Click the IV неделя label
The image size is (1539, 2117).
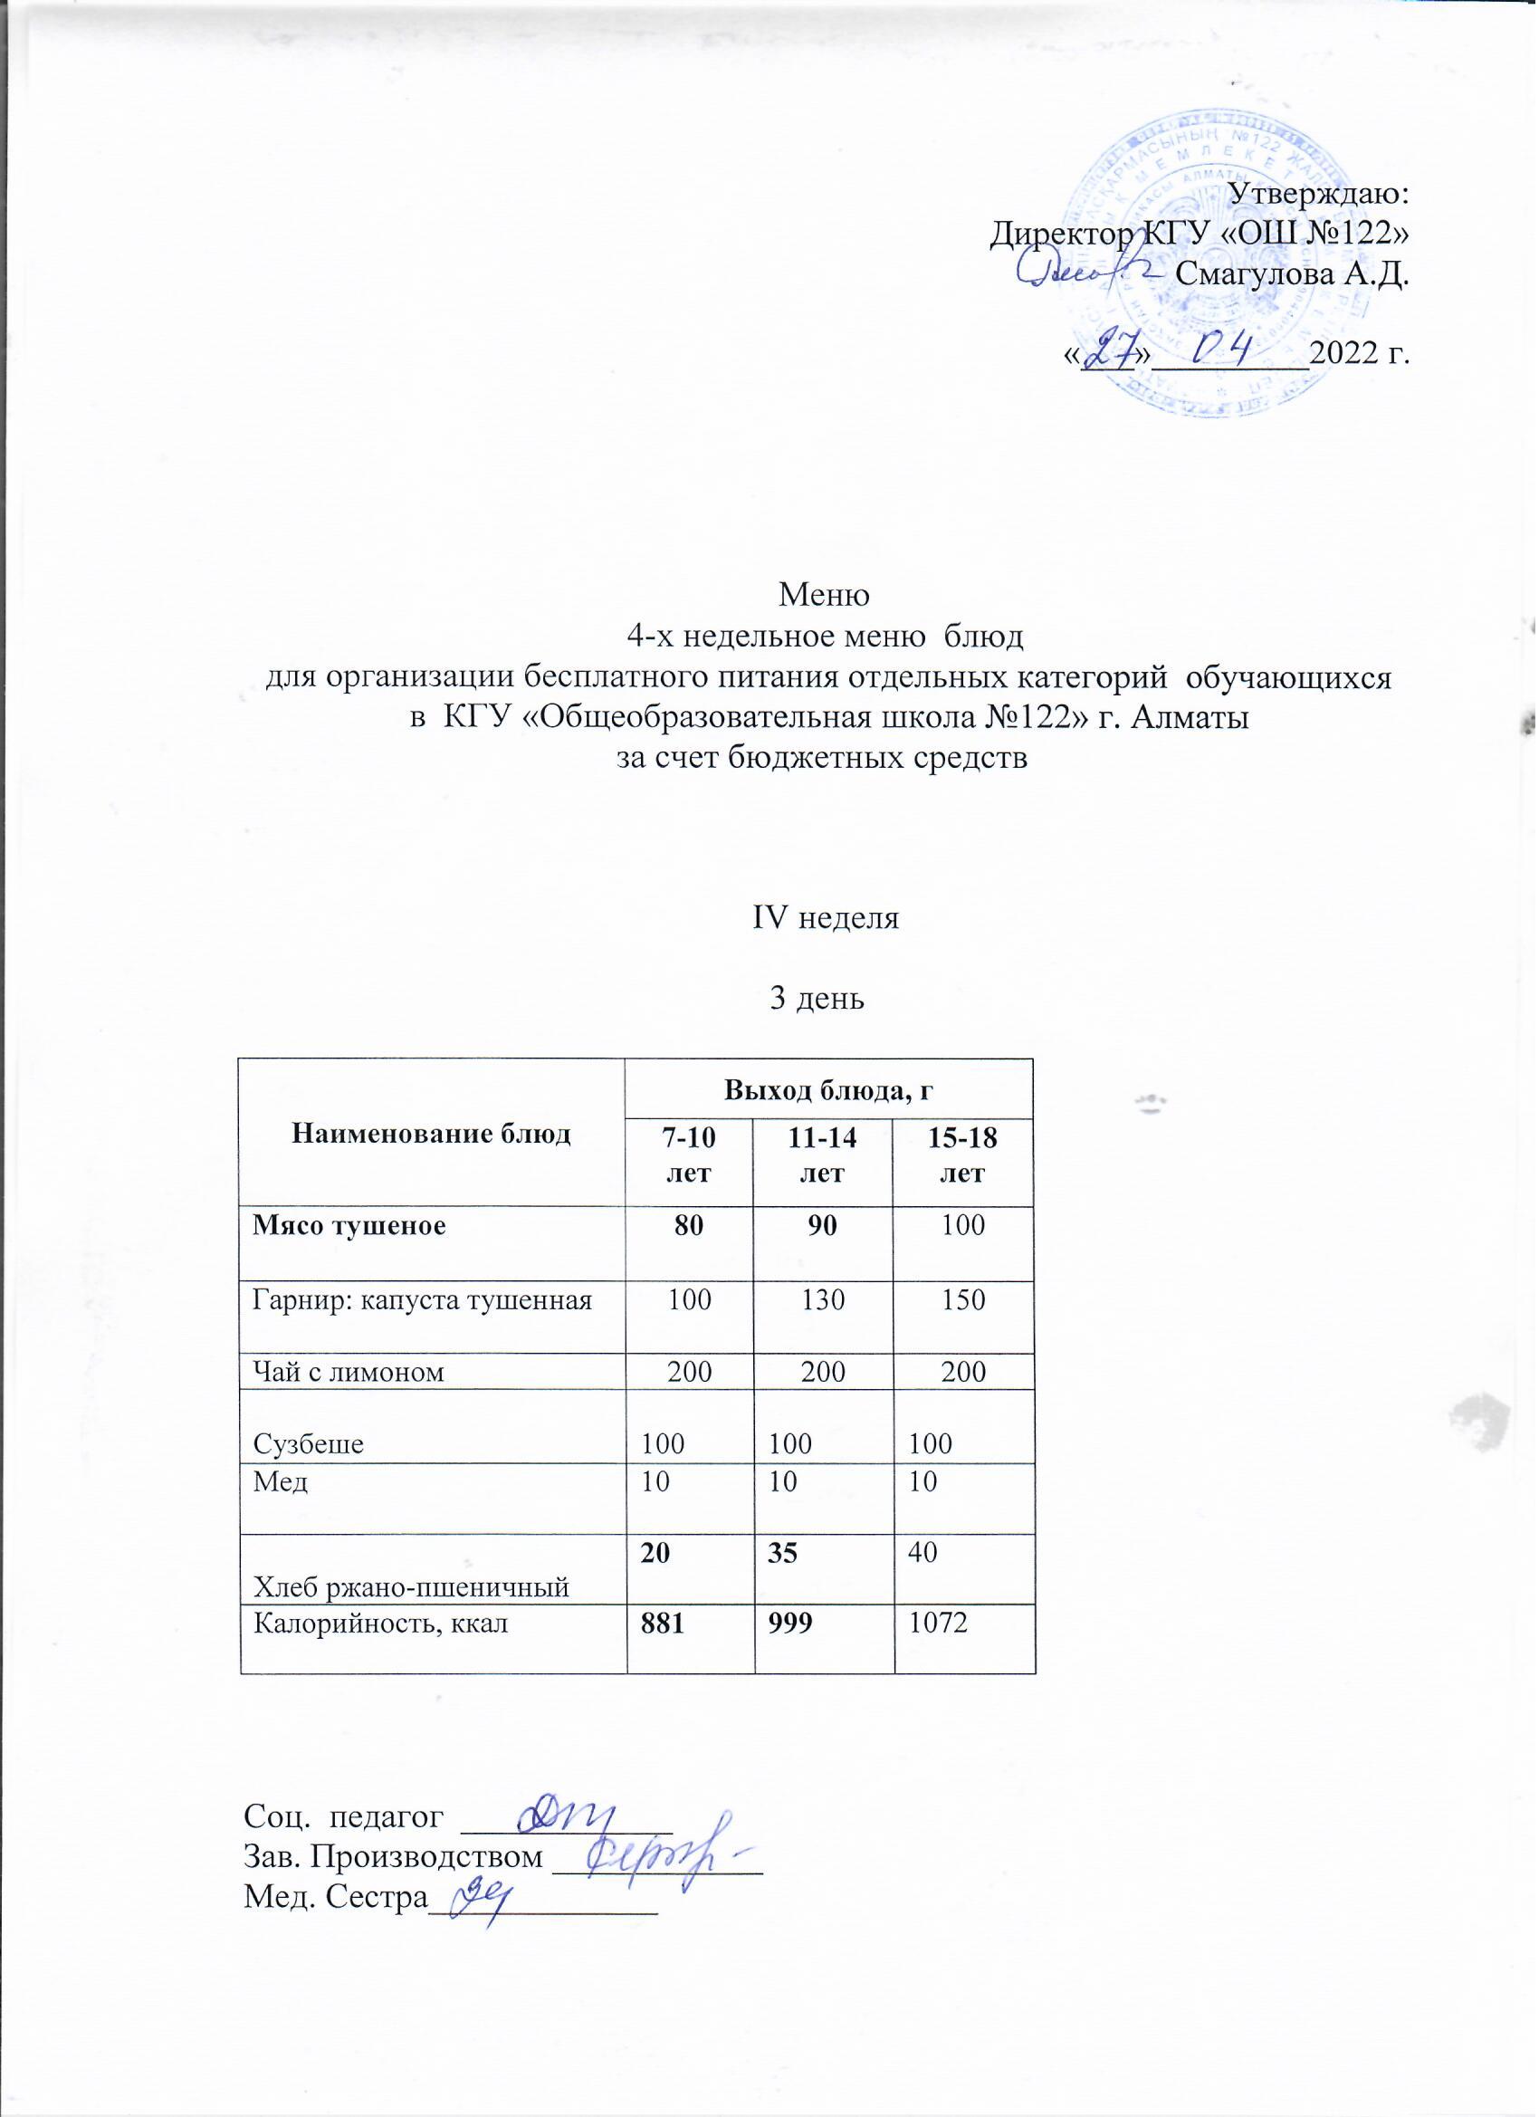(825, 918)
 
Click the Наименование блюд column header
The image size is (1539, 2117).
(431, 1134)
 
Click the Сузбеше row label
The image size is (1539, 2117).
(308, 1444)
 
